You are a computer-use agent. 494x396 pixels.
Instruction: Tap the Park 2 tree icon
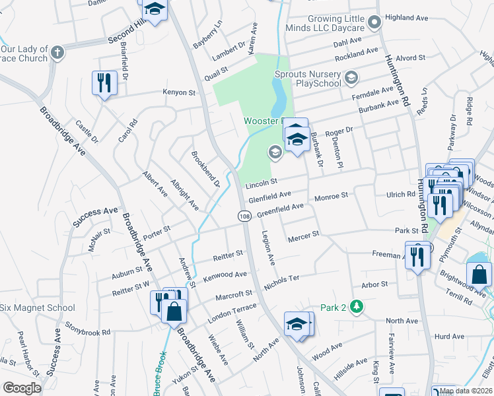pos(357,307)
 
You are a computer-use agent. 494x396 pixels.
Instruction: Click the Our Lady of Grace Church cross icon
pos(57,52)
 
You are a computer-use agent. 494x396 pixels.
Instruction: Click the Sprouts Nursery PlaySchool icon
pos(351,79)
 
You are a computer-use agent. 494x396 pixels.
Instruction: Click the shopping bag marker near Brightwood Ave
pos(479,274)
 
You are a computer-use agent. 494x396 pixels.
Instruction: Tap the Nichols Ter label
pos(282,283)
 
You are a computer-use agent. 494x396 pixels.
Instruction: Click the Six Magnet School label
pos(38,308)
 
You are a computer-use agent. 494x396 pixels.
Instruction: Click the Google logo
pos(22,388)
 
